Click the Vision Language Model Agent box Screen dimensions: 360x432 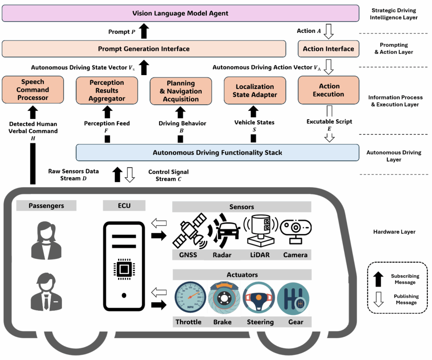(180, 13)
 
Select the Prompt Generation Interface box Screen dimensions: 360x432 (144, 48)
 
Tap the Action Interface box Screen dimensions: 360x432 (328, 48)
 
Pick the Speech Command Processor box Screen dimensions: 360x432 (32, 90)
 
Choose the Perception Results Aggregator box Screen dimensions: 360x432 (107, 91)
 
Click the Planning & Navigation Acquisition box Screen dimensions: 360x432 (181, 91)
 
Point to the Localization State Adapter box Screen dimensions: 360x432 (254, 91)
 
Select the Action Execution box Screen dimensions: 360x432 (328, 91)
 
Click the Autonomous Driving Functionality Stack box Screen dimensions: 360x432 (218, 153)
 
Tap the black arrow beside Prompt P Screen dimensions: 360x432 (144, 31)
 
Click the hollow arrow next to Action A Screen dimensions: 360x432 (329, 31)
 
